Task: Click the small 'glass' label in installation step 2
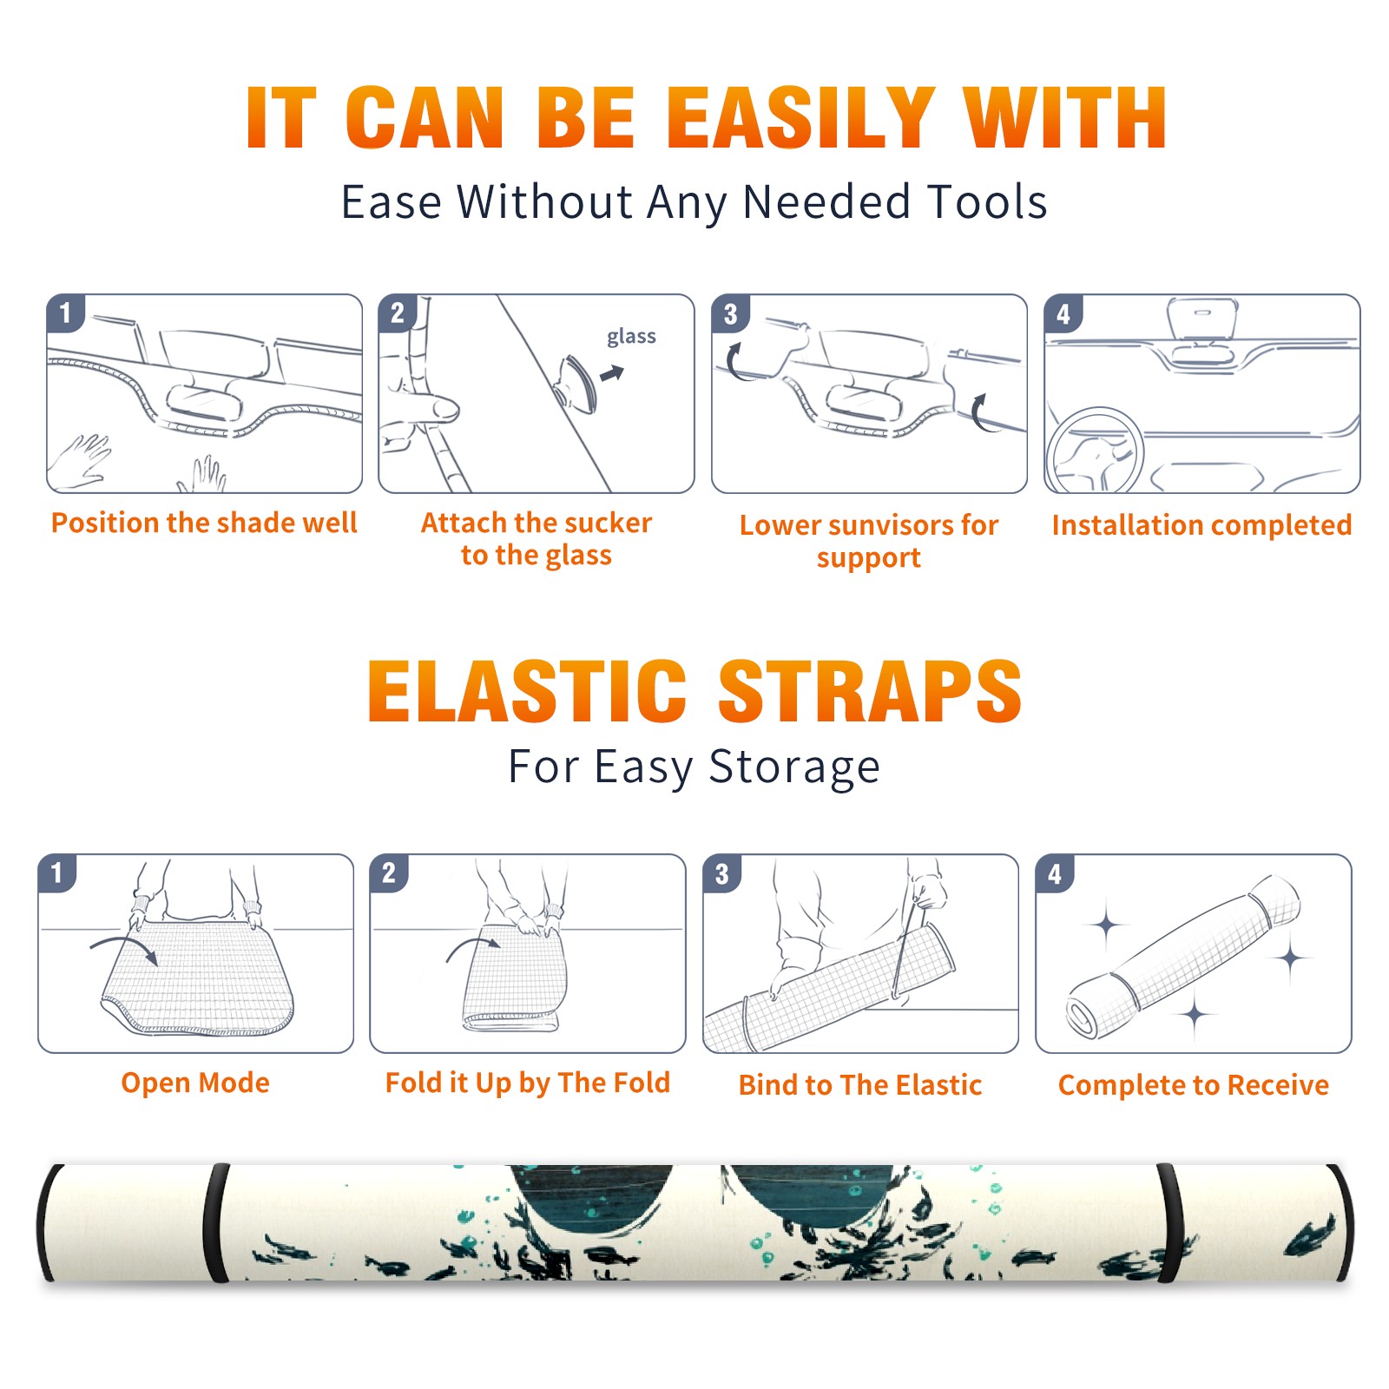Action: click(631, 337)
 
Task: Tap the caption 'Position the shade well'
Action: click(204, 523)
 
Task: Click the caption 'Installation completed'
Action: click(1201, 524)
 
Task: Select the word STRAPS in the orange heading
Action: click(870, 691)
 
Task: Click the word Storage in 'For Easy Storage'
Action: click(794, 767)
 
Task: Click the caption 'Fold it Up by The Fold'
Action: click(528, 1083)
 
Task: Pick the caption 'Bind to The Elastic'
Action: click(860, 1085)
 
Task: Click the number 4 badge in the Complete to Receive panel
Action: click(1055, 873)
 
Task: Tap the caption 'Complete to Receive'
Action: click(1194, 1085)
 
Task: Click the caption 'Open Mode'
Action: click(195, 1083)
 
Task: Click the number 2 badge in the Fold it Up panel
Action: click(389, 873)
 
